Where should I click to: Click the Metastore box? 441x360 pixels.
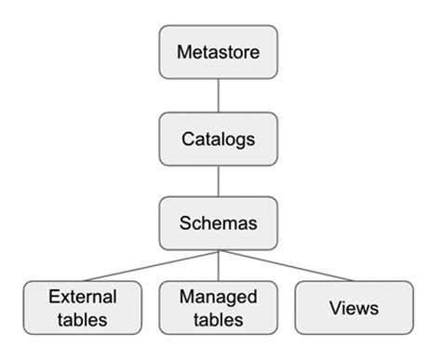[217, 52]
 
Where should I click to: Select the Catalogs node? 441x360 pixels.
[217, 139]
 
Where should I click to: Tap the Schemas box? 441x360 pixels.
[217, 224]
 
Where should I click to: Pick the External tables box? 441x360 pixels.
[83, 308]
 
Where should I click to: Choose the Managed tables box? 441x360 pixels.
[217, 308]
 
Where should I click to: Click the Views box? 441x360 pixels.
[352, 308]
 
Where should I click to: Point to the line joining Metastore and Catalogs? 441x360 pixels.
[217, 96]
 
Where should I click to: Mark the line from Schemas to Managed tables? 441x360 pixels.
[217, 266]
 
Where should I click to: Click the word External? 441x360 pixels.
[83, 298]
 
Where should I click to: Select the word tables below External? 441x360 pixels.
[83, 320]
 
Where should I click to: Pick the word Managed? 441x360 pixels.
[217, 298]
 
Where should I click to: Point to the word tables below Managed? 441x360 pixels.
[217, 320]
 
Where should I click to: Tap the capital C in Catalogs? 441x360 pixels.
[186, 139]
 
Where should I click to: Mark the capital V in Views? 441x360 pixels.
[333, 308]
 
